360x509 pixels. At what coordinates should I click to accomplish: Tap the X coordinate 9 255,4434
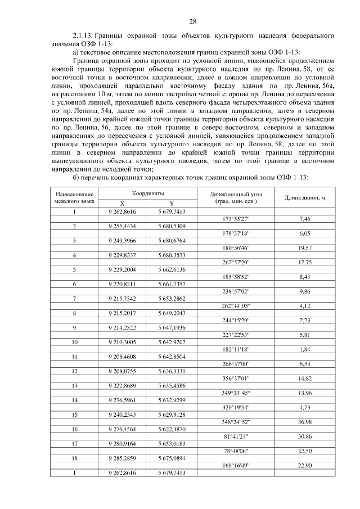(x=122, y=226)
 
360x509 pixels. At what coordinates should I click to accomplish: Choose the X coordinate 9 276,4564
(x=122, y=429)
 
